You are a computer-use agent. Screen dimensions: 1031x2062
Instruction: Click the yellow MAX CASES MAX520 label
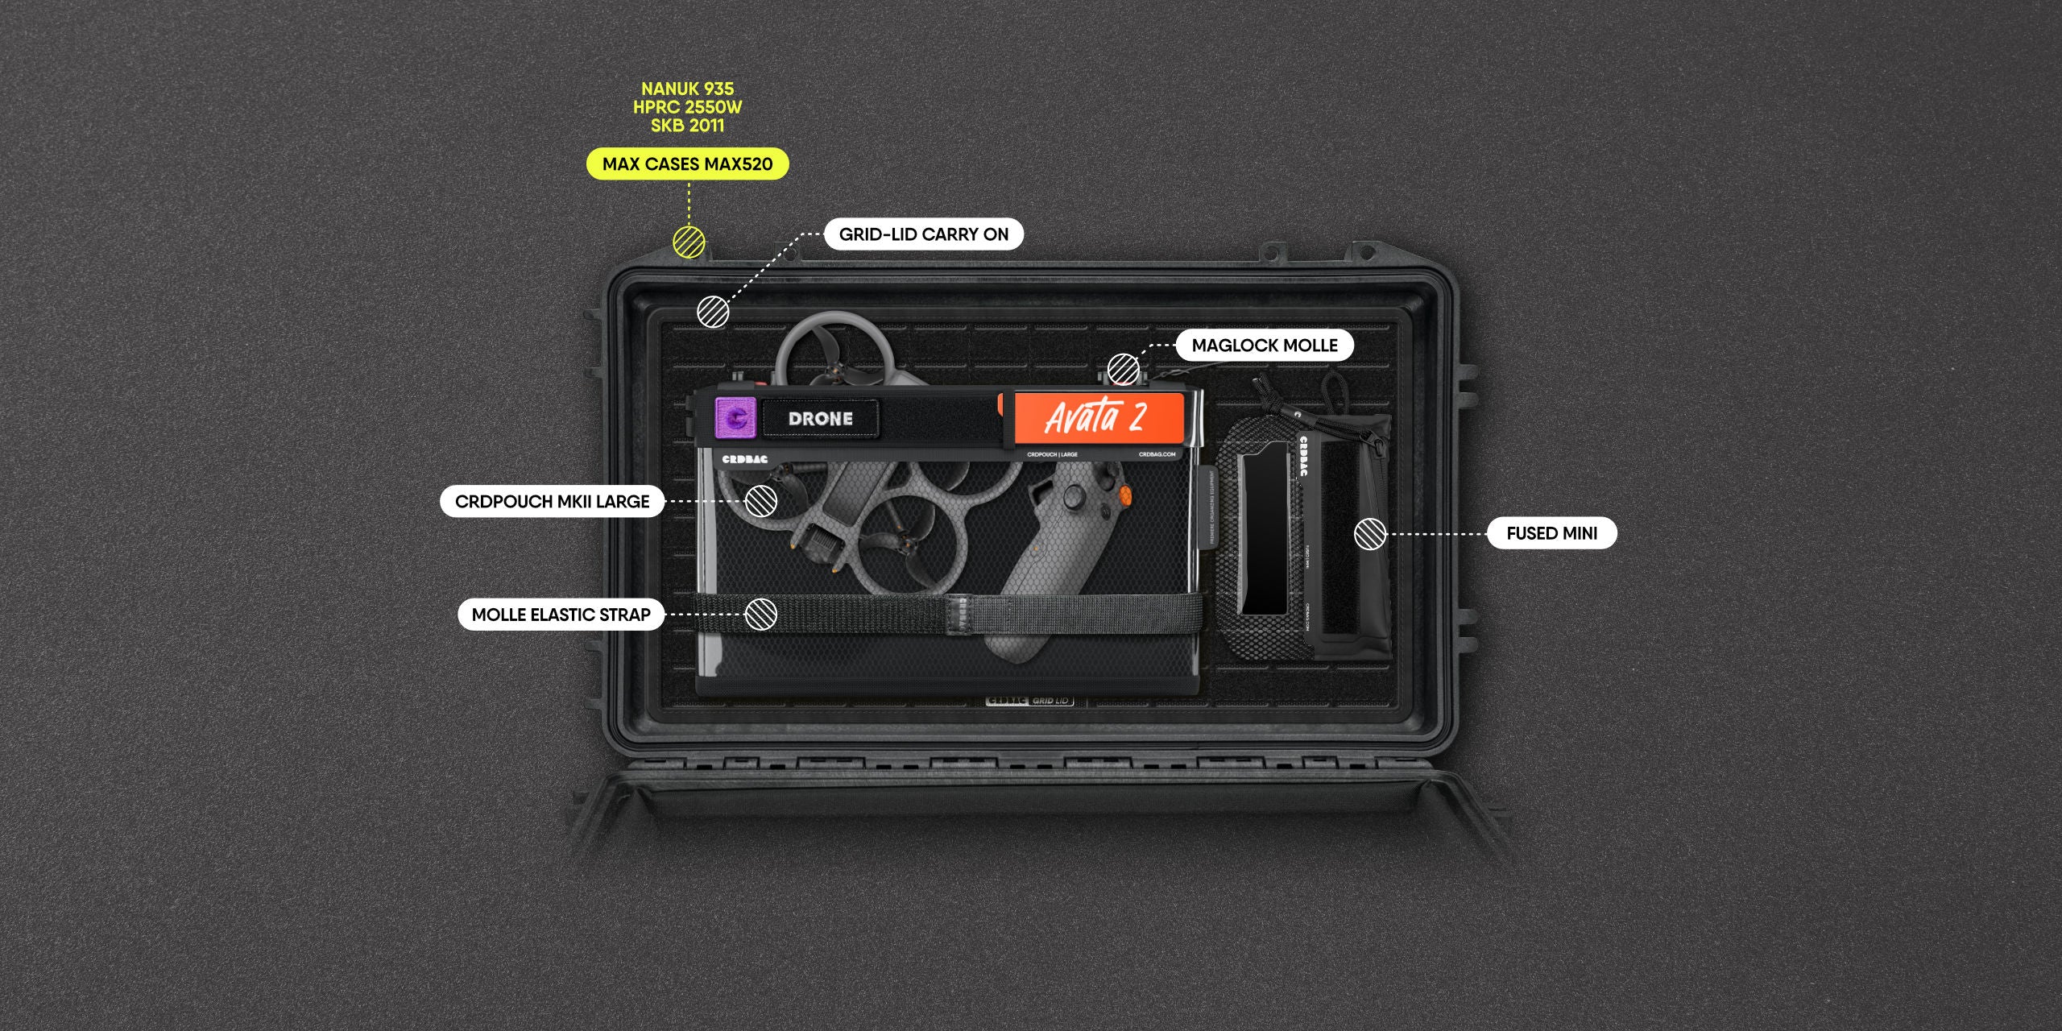[687, 164]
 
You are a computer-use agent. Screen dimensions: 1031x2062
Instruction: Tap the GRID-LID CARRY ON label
[923, 234]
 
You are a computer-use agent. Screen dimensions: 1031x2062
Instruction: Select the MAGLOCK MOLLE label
[1264, 346]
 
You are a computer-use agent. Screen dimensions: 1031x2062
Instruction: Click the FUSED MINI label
[1551, 533]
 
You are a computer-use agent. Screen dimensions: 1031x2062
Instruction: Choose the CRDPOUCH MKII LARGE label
[552, 502]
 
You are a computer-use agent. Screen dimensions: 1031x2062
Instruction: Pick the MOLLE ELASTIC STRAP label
[561, 615]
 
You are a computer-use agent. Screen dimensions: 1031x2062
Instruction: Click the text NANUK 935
[687, 89]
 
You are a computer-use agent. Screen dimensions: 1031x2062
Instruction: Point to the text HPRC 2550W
[687, 107]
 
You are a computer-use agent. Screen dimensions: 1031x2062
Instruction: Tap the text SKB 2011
[687, 126]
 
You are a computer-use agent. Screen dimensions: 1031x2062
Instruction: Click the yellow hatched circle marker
[689, 242]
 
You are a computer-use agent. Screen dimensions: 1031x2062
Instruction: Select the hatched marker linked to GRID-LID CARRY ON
[713, 312]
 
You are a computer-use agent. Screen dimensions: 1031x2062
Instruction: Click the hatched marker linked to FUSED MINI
[1370, 534]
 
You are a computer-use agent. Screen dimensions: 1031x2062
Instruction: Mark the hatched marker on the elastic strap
[760, 614]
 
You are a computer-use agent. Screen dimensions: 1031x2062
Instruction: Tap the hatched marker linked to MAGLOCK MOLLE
[1123, 370]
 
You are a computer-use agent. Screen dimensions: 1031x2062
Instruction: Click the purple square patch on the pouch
[735, 418]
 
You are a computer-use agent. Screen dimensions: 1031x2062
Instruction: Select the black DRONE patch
[820, 419]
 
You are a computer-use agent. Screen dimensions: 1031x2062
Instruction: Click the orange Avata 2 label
[1096, 417]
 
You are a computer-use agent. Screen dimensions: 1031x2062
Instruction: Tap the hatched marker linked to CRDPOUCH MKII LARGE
[760, 501]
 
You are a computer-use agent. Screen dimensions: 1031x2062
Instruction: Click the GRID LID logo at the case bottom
[1029, 701]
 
